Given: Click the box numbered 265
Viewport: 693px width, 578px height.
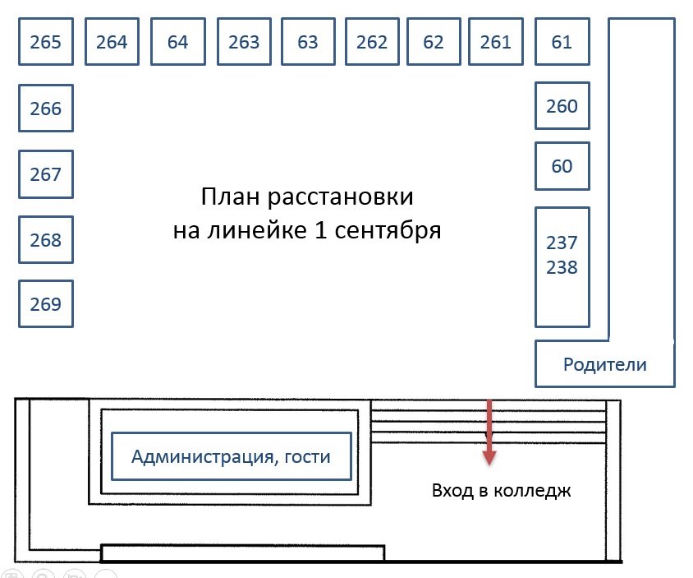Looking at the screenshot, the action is (46, 42).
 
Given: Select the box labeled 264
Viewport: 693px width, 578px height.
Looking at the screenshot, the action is (112, 42).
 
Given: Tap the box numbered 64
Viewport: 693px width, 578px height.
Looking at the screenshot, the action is (178, 42).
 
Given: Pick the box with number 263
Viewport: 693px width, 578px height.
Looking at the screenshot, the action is (244, 42).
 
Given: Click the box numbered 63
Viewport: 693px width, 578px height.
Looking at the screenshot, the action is (308, 42).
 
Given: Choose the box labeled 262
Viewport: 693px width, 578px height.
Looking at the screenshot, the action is (372, 42).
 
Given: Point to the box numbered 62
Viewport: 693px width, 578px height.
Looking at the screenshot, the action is (434, 42).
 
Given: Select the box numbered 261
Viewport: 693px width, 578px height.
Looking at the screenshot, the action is (496, 42).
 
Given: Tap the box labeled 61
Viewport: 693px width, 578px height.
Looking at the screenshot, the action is (562, 42).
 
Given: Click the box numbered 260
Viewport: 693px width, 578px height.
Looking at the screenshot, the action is (562, 106).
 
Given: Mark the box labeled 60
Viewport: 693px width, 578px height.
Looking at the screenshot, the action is (562, 166).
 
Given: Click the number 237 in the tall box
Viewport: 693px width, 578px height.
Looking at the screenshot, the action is (562, 243).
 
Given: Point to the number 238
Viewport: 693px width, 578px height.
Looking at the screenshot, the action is (562, 267).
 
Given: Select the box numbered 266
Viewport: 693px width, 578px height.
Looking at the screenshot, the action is (46, 108).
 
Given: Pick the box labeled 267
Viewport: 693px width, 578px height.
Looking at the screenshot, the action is (46, 174).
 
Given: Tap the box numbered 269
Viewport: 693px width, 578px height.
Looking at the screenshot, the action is (46, 303).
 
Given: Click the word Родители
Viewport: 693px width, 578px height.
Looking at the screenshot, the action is (604, 365).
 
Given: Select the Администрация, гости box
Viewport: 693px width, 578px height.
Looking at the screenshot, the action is (232, 456).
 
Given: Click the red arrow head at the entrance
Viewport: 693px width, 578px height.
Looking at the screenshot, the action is (489, 458).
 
